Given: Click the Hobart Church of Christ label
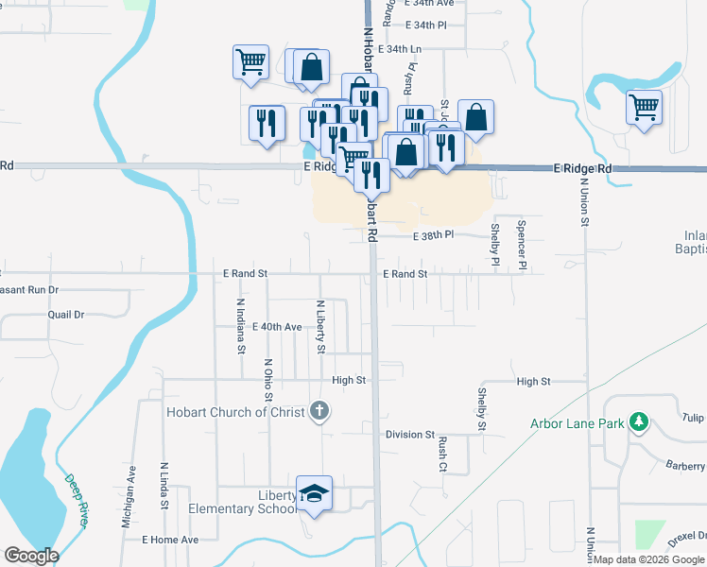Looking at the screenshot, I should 235,412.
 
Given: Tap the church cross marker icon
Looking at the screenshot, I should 320,411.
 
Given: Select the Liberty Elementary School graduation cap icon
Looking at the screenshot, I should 315,494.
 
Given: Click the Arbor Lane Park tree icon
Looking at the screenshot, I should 640,422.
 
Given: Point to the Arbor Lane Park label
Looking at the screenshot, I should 577,423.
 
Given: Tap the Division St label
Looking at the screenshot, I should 409,435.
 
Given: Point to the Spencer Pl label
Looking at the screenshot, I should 521,244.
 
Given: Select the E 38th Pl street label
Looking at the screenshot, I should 433,234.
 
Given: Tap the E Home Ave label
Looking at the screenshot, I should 170,540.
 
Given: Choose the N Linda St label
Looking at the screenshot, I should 164,486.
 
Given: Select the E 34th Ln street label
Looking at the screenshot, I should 399,48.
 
